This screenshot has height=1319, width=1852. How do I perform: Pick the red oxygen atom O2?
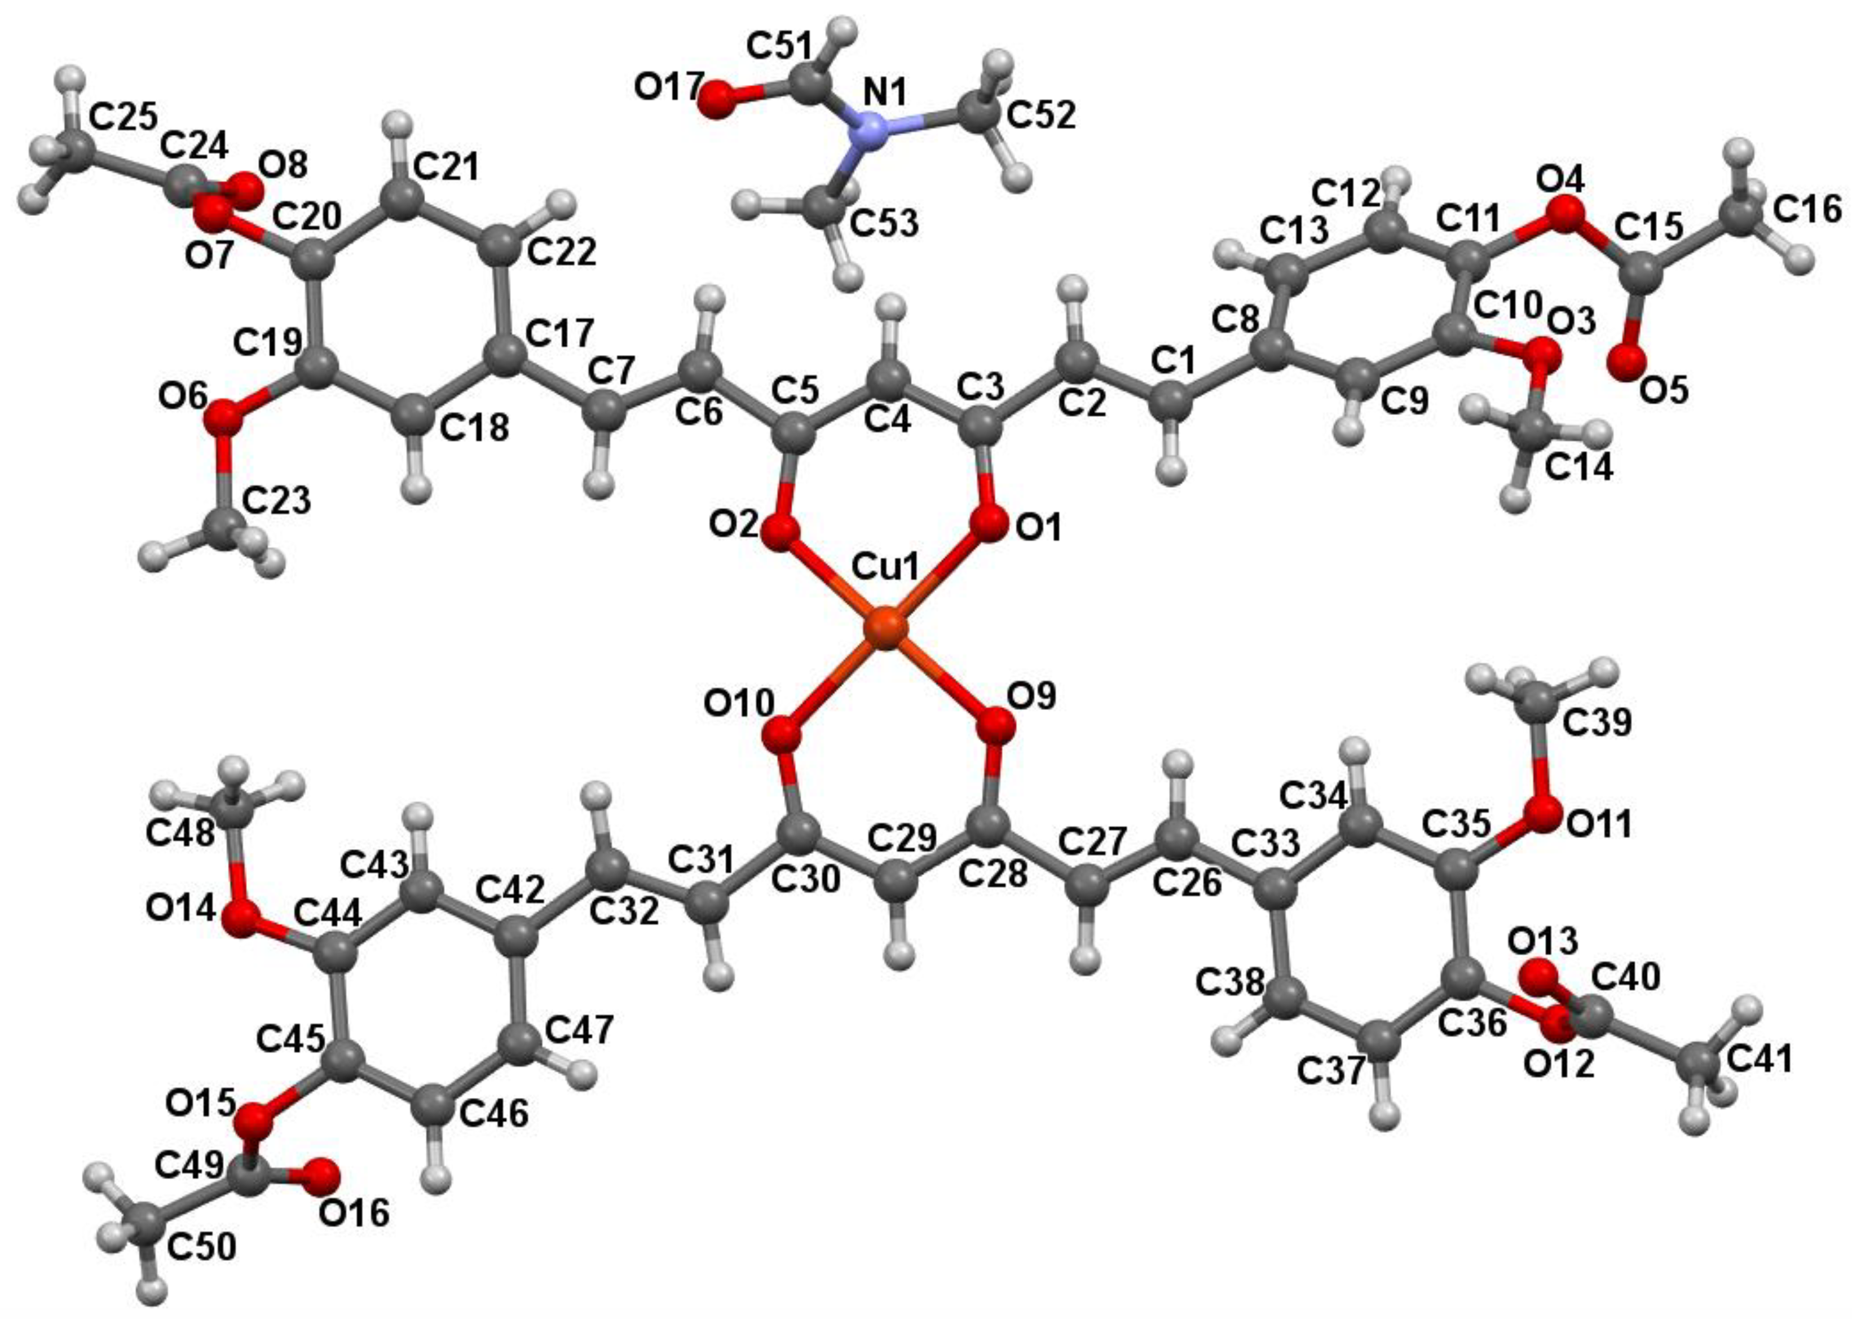780,533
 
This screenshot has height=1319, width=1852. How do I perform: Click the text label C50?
202,1245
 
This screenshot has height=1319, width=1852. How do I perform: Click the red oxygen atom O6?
221,419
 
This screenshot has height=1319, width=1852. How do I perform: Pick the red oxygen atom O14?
240,921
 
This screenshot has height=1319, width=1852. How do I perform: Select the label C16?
1807,210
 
